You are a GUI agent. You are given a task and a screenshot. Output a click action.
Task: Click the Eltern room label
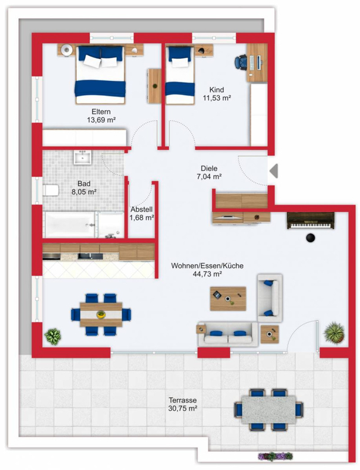[x=101, y=112]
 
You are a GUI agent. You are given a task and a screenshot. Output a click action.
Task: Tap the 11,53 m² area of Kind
[x=217, y=98]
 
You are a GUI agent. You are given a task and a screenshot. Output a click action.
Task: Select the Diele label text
[x=209, y=169]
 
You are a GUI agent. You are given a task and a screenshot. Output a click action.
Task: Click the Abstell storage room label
[x=142, y=209]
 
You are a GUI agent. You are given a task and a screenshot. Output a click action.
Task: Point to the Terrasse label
[x=183, y=400]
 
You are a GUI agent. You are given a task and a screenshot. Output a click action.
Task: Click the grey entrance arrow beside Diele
[x=274, y=171]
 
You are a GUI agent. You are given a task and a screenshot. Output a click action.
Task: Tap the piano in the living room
[x=310, y=221]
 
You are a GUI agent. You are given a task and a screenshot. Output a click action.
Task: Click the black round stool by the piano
[x=311, y=238]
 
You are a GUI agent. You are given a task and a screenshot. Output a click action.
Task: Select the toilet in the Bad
[x=51, y=190]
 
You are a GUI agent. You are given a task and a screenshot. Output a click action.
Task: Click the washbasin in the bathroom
[x=83, y=157]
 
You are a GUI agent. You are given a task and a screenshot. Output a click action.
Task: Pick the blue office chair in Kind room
[x=240, y=62]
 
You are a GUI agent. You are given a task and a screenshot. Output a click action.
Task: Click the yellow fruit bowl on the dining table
[x=101, y=314]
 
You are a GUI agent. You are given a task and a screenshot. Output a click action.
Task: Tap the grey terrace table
[x=269, y=409]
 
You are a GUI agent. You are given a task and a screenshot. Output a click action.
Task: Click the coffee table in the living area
[x=228, y=298]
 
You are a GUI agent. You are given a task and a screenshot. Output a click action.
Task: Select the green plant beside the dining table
[x=53, y=337]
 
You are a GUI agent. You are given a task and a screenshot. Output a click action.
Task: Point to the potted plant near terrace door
[x=334, y=333]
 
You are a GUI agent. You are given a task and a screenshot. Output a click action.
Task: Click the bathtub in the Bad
[x=70, y=225]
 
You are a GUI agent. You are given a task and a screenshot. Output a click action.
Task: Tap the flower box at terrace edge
[x=275, y=456]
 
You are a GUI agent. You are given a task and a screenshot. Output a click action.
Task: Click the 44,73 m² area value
[x=207, y=274]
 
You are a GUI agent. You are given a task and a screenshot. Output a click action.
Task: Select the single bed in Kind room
[x=180, y=75]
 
